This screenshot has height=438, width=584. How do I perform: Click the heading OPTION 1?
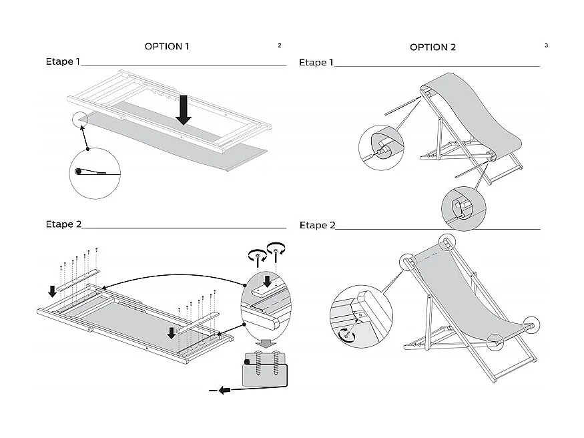(167, 47)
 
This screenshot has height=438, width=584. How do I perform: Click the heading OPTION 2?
(432, 47)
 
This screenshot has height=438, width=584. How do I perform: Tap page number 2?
(279, 45)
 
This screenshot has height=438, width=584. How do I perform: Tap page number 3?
(546, 45)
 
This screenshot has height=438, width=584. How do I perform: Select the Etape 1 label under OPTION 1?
(62, 62)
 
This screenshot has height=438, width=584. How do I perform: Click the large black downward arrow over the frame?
(184, 109)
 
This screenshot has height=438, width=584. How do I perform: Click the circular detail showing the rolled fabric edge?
(94, 172)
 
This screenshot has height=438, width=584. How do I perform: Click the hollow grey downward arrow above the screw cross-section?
(267, 343)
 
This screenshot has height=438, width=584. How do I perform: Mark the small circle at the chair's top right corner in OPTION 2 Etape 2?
(445, 241)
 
